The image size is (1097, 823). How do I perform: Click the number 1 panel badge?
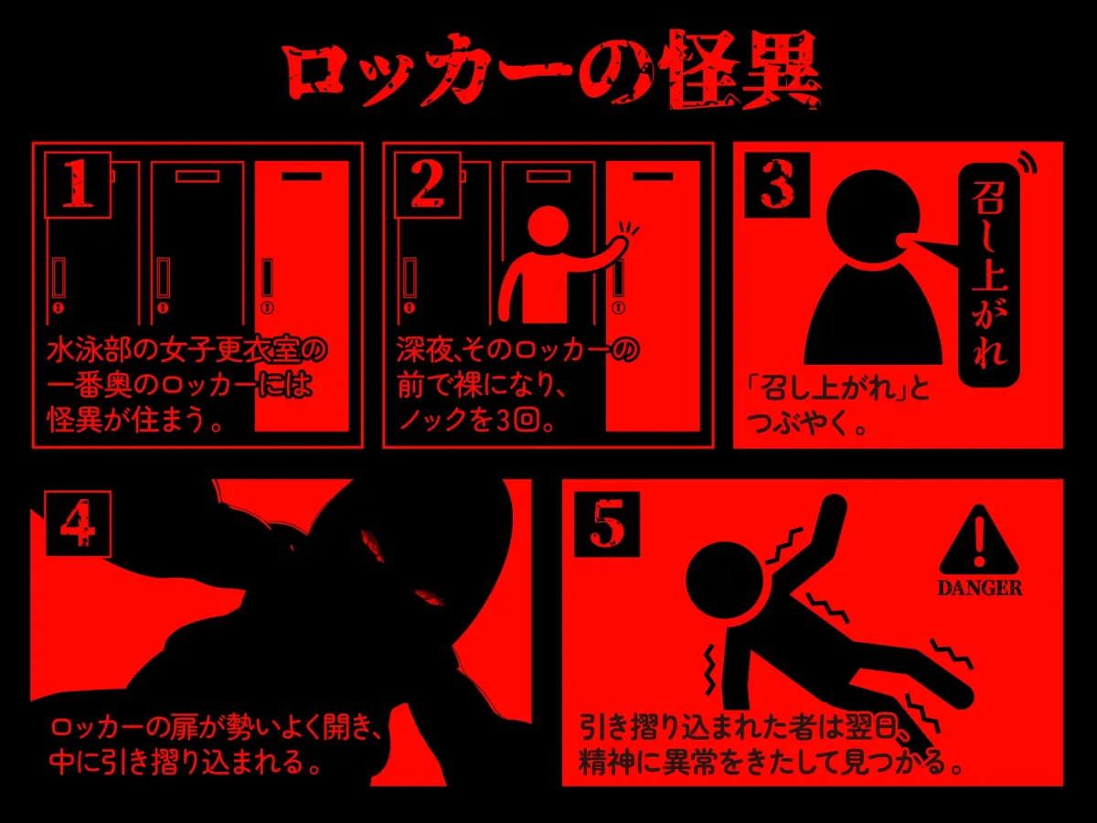click(x=78, y=185)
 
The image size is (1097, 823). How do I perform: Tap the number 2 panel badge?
click(x=427, y=185)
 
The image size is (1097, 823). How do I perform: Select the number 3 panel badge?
click(x=777, y=185)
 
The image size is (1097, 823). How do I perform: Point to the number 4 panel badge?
click(x=78, y=524)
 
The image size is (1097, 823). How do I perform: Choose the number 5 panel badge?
click(x=607, y=524)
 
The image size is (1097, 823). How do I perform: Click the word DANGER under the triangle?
click(x=980, y=588)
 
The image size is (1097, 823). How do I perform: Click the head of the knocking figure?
click(x=548, y=227)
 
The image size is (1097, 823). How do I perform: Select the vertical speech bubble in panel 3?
click(x=988, y=275)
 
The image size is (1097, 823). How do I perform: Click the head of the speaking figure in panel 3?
click(x=873, y=217)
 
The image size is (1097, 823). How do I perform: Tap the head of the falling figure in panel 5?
click(x=725, y=580)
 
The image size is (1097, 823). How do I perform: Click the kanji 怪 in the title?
click(x=698, y=70)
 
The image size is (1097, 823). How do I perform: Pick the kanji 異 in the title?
click(x=781, y=70)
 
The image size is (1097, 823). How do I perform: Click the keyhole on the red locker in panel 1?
click(x=267, y=306)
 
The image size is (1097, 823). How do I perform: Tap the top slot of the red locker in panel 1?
click(x=302, y=176)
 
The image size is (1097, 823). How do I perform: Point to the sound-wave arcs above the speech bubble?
click(x=1027, y=163)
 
